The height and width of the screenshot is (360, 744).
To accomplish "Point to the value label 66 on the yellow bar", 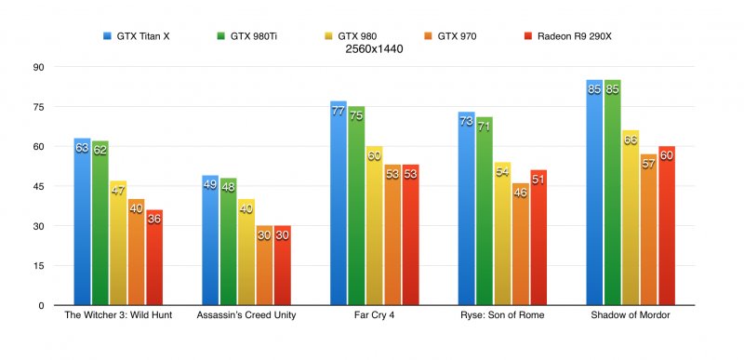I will click(x=631, y=140).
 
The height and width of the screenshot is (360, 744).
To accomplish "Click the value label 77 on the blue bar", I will click(x=339, y=111).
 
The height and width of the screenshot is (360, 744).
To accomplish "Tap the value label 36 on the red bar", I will click(x=153, y=219).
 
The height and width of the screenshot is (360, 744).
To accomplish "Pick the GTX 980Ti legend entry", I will click(x=246, y=36).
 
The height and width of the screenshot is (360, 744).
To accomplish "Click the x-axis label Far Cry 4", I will click(x=374, y=315).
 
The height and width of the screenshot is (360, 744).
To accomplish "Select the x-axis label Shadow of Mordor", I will click(x=631, y=315).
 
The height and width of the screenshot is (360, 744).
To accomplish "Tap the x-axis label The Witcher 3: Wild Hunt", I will click(x=117, y=315).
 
